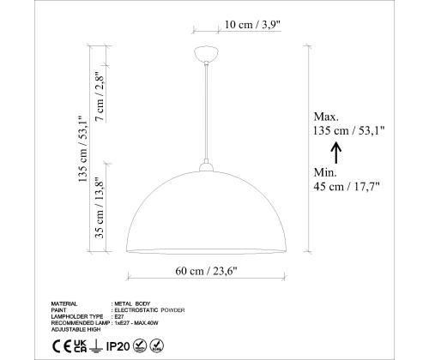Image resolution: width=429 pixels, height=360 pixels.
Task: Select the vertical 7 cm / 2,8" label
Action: click(100, 98)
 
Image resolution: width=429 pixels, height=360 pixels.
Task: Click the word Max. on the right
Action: click(327, 117)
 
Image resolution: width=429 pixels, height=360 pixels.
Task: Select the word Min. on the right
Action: click(326, 171)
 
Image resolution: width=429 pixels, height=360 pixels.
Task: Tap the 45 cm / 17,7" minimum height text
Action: click(347, 184)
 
